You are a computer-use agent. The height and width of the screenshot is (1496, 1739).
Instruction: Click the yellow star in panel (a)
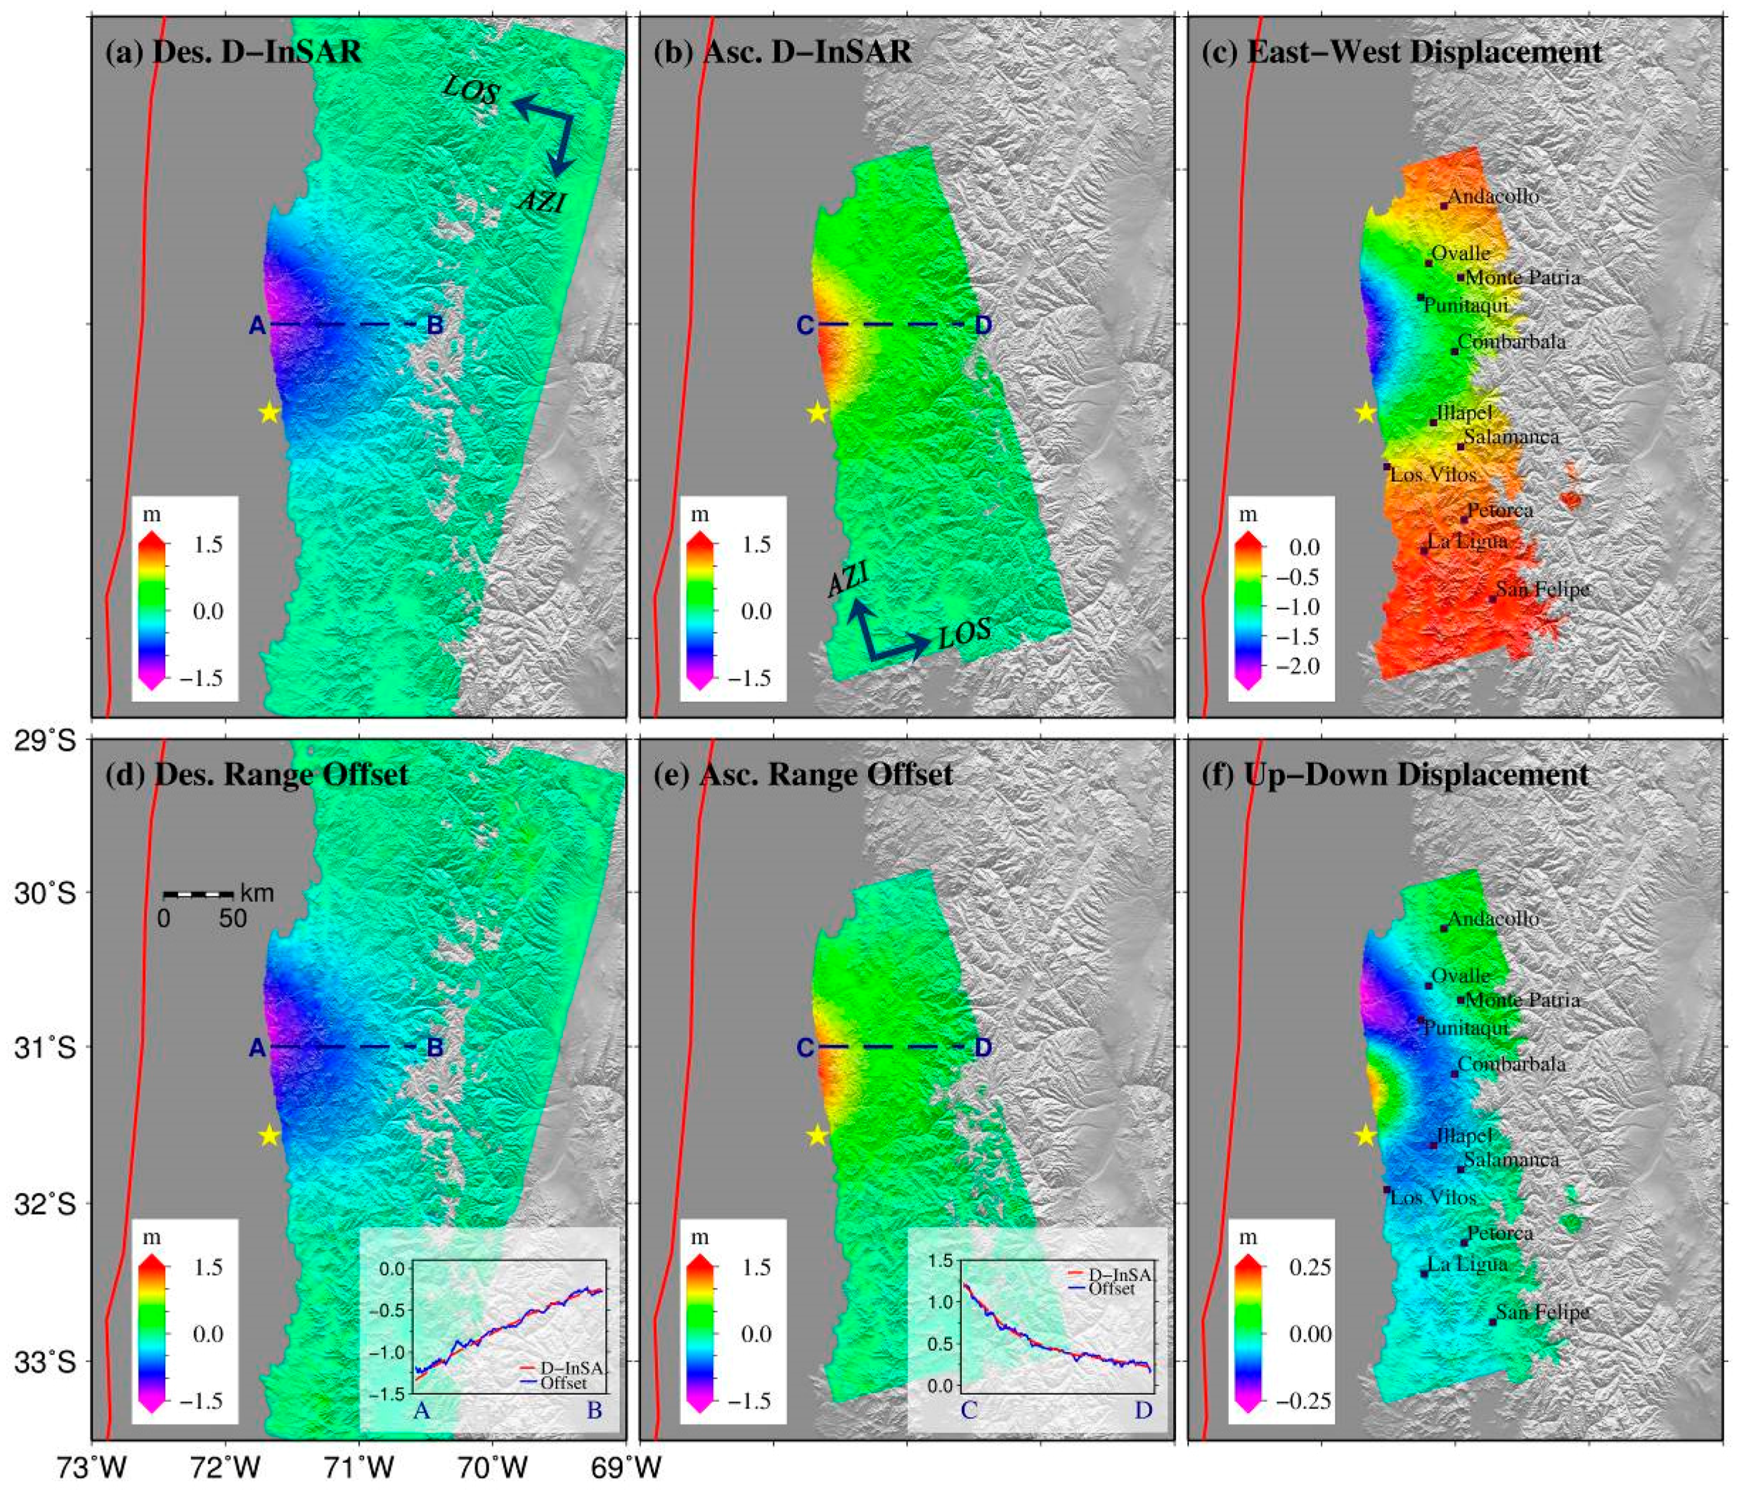pyautogui.click(x=268, y=412)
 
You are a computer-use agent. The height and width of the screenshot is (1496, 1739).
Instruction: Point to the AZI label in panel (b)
pyautogui.click(x=848, y=580)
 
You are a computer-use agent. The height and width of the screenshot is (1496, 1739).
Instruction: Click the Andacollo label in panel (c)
pyautogui.click(x=1493, y=196)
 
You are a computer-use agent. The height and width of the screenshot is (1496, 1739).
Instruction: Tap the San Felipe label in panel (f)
pyautogui.click(x=1543, y=1312)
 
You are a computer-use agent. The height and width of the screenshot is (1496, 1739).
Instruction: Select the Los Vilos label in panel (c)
pyautogui.click(x=1433, y=474)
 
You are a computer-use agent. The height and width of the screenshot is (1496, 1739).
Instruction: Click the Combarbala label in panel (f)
pyautogui.click(x=1511, y=1064)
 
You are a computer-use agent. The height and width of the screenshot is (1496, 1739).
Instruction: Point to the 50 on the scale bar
pyautogui.click(x=234, y=919)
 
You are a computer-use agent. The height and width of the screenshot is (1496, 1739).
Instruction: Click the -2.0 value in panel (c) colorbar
pyautogui.click(x=1301, y=666)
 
